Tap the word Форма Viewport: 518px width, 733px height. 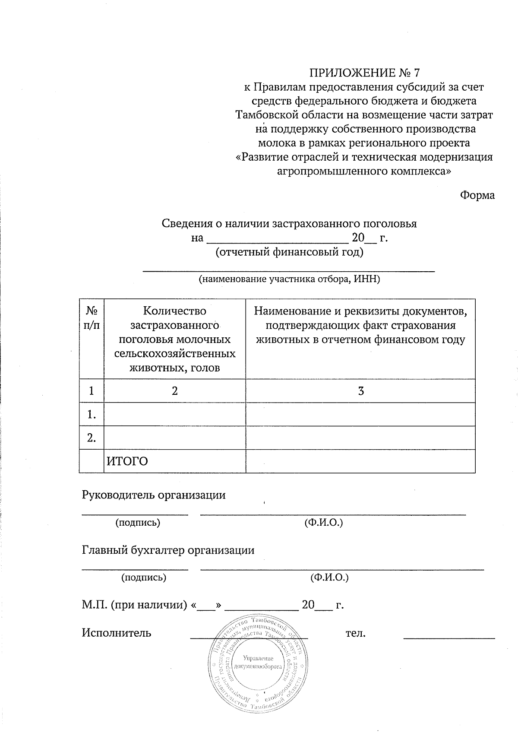coord(477,195)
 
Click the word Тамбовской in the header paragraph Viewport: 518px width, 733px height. coord(265,115)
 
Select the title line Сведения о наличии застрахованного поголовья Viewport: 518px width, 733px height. coord(289,224)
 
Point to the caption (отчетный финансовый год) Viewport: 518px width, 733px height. coord(289,252)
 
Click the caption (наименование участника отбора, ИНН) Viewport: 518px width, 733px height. coord(289,279)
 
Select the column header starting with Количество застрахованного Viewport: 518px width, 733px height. coord(175,339)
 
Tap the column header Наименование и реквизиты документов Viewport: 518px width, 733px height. coord(360,325)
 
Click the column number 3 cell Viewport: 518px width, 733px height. coord(361,391)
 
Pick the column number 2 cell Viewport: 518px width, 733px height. coord(174,391)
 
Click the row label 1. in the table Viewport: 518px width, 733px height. coord(91,415)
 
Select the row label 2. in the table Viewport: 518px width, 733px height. coord(91,438)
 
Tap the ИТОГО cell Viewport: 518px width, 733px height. coord(127,461)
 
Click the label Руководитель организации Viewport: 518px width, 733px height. coord(154,495)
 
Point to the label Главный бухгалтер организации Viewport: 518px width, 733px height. coord(168,550)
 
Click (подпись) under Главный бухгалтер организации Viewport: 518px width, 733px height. coord(143,578)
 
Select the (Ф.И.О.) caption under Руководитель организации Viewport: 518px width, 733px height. coord(324,523)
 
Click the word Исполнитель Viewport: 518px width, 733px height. coord(117,633)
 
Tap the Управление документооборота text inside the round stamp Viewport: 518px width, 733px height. coord(258,663)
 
